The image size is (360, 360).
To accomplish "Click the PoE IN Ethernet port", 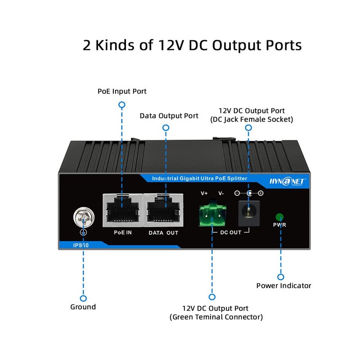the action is point(122,210).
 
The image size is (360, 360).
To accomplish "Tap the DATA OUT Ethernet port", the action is point(163,210).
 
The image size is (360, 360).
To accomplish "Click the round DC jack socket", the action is point(249,213).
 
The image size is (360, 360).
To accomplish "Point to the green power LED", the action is point(279,217).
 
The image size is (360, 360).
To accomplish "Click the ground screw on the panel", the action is point(84,217).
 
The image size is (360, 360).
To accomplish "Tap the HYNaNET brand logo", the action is point(287,181).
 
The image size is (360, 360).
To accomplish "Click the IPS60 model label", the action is point(81,245).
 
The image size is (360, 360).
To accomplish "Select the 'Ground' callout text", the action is point(83,307).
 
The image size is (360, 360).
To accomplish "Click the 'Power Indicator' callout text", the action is point(284,286).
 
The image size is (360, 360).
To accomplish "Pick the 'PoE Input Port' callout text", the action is point(122,91).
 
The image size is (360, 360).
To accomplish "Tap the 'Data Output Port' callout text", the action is point(169,116).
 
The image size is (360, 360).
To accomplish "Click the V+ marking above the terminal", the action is point(204,193).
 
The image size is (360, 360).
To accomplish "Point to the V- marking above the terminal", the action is point(221,193).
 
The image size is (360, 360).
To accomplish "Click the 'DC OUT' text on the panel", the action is point(231,232).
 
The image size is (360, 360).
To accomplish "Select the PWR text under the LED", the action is point(279,225).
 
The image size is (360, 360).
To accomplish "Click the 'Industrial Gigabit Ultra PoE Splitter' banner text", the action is point(199,178).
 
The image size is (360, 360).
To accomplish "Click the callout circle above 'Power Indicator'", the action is point(280,277).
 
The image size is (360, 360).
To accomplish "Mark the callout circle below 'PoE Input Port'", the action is point(122,105).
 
